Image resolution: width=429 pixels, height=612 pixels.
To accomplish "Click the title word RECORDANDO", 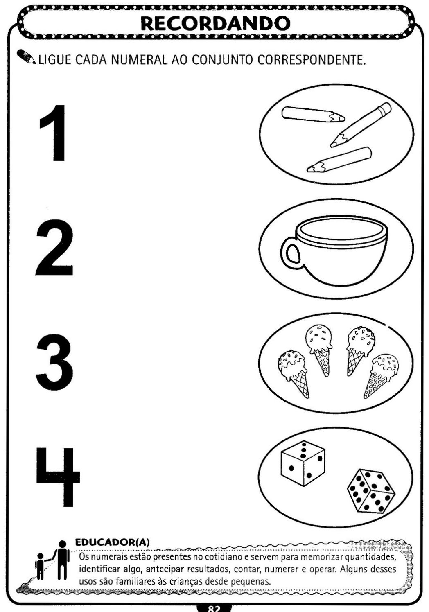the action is click(215, 23).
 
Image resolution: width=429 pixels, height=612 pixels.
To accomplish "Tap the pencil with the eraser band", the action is click(361, 124).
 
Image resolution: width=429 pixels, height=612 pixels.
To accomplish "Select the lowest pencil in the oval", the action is click(339, 160).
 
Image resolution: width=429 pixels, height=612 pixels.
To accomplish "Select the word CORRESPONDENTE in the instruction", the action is click(311, 60).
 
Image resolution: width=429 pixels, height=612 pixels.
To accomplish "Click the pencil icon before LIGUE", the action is click(26, 57).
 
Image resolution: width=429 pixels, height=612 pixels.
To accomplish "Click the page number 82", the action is click(214, 609).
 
